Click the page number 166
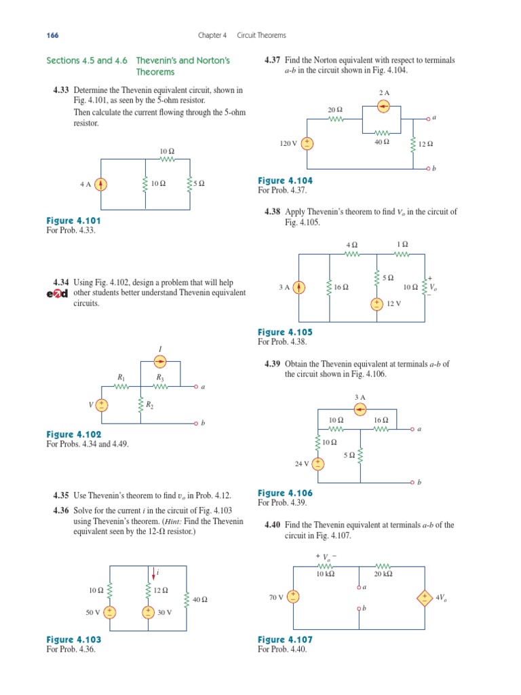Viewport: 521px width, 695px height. [x=52, y=35]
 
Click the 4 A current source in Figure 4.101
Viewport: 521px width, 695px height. [x=101, y=183]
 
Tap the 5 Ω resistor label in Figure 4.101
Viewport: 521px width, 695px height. [x=198, y=183]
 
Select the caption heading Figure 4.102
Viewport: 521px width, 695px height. [x=73, y=434]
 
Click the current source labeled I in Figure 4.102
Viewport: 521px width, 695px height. [x=161, y=361]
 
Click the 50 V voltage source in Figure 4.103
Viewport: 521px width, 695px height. [x=110, y=612]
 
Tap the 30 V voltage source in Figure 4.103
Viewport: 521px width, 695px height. [x=148, y=612]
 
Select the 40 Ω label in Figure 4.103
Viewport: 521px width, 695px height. [x=199, y=599]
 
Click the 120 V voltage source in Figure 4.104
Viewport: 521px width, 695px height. [x=307, y=143]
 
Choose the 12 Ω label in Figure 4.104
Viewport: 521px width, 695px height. [x=425, y=144]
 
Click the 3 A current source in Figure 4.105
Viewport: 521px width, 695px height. [x=299, y=287]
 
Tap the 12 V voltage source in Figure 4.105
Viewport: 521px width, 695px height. [x=377, y=304]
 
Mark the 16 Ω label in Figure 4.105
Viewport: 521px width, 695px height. [x=341, y=288]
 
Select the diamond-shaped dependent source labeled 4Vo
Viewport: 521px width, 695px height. [x=424, y=598]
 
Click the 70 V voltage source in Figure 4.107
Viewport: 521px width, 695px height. [x=294, y=597]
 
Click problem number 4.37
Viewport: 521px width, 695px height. [x=272, y=60]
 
